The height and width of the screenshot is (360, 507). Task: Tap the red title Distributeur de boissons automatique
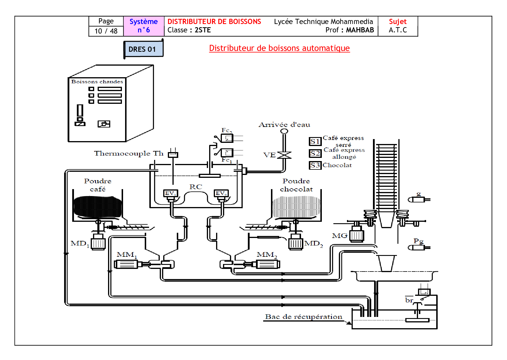279,48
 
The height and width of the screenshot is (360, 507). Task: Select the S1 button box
315,141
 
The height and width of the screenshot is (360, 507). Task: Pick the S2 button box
315,153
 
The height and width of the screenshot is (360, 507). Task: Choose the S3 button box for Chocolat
315,165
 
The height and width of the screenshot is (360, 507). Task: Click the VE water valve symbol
284,155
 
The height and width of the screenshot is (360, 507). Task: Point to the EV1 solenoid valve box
170,193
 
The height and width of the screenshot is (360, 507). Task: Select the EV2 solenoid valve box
221,193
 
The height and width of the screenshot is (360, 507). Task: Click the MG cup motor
356,235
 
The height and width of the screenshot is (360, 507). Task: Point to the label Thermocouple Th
129,153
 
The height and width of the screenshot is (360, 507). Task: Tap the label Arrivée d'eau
284,125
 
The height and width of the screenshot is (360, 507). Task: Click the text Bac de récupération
303,317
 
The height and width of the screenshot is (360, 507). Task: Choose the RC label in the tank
196,187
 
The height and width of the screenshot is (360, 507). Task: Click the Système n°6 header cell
144,26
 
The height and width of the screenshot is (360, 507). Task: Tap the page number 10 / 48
106,31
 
